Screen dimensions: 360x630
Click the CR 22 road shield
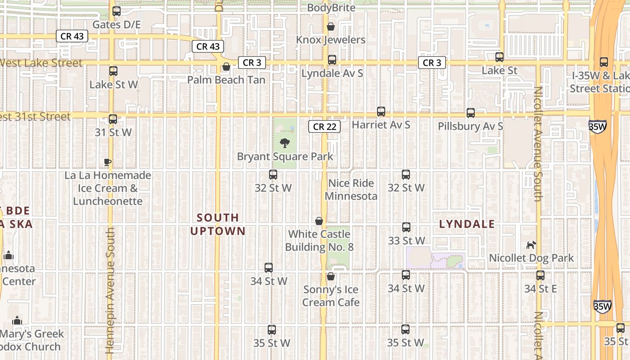coord(324,126)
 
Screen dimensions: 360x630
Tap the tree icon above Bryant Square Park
coord(284,144)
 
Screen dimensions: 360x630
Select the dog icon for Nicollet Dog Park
coord(531,245)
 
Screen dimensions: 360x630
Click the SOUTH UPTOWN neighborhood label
coord(218,224)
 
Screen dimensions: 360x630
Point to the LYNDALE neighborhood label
coord(467,224)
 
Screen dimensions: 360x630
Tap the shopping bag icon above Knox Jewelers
coord(331,27)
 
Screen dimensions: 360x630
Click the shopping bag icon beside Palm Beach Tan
coord(226,67)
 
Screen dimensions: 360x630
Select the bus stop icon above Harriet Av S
coord(381,111)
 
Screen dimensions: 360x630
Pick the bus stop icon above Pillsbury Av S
coord(471,113)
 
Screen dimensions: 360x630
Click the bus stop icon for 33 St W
coord(406,227)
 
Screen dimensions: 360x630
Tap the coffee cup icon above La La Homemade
coord(107,162)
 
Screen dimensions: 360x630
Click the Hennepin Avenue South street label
coord(110,290)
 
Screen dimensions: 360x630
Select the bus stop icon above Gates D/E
coord(117,11)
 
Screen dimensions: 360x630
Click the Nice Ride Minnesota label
coord(351,189)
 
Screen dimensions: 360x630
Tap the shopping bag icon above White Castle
coord(319,221)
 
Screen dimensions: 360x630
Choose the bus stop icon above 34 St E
coord(540,275)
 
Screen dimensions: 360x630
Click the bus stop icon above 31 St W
coord(113,119)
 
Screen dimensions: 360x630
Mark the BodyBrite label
coord(331,8)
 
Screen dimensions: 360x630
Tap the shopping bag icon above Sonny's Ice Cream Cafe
coord(331,276)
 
